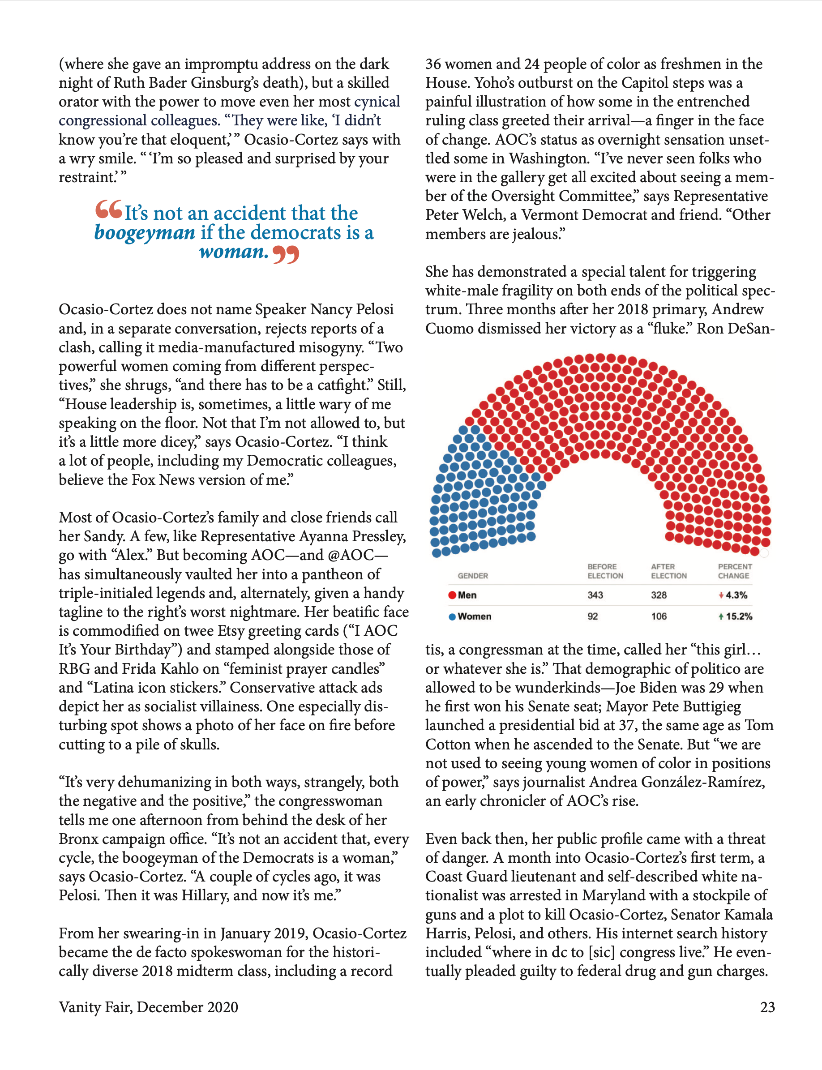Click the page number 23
[767, 1007]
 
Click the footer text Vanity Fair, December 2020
[148, 1007]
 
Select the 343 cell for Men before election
[595, 595]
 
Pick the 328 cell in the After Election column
[659, 595]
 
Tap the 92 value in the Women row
[592, 616]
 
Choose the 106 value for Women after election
[659, 616]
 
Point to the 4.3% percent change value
[736, 595]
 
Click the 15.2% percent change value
[739, 616]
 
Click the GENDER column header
[473, 576]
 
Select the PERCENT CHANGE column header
[734, 571]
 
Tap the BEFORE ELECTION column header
[605, 571]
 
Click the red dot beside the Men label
[452, 595]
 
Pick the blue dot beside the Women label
[452, 616]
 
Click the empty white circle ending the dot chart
[764, 553]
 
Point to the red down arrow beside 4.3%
[721, 595]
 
